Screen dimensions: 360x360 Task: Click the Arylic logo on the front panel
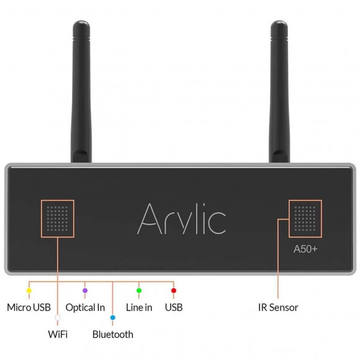click(181, 218)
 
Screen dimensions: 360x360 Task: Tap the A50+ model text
click(305, 249)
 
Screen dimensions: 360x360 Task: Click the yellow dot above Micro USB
click(29, 290)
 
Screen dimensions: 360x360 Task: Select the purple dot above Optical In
click(85, 290)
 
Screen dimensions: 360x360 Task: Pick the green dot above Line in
click(139, 290)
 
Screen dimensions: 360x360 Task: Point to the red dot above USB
click(174, 290)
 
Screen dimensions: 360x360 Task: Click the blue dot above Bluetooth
click(112, 318)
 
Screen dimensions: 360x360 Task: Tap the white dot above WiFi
click(58, 318)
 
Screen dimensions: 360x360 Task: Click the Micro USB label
click(29, 307)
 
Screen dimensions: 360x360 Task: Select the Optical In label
click(85, 308)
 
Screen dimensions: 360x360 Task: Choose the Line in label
click(139, 307)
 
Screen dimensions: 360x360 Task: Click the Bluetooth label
click(113, 335)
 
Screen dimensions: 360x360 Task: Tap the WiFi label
click(58, 335)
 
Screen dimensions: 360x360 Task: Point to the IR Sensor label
click(278, 307)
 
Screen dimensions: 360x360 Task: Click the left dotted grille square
click(57, 218)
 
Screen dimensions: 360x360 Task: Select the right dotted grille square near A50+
click(305, 218)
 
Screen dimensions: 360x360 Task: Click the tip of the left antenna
click(81, 21)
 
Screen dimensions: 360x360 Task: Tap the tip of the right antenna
click(279, 21)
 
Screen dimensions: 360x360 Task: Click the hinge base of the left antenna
click(81, 156)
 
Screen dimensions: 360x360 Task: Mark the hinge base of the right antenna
click(279, 156)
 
